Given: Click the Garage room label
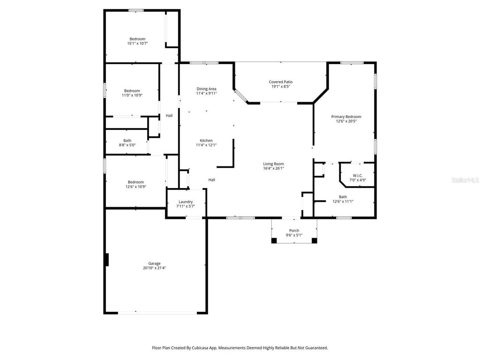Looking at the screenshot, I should (155, 263).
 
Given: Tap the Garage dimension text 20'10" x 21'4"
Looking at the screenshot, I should (155, 268).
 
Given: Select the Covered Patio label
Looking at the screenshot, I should (281, 82).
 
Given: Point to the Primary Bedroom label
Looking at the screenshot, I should (346, 117).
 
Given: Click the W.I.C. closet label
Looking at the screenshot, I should (358, 175).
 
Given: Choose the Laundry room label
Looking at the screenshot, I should (186, 202).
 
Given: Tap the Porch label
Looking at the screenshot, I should (294, 230).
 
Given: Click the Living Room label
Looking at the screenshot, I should (273, 164).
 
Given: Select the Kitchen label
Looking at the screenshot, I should (206, 141).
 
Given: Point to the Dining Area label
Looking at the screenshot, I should (206, 89).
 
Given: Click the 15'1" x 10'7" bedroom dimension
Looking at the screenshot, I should (137, 44).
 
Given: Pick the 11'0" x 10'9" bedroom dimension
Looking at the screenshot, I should (132, 95).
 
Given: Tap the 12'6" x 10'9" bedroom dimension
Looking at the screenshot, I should (136, 187).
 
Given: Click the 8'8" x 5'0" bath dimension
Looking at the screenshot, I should (127, 145).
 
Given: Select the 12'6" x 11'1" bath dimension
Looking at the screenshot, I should (343, 202).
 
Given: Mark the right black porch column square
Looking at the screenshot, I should (314, 240).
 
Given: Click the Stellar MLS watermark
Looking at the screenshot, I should (465, 180).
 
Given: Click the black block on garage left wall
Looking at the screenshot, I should (107, 260).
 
